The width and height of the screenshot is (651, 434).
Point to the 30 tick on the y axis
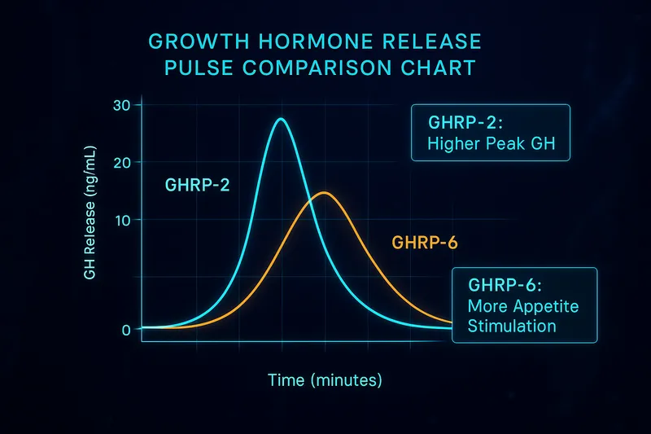point(122,105)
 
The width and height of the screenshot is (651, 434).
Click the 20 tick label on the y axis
point(122,162)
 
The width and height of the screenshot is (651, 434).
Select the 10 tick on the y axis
point(122,220)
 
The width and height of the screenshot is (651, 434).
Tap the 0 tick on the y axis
point(125,330)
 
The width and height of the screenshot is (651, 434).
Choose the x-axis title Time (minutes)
point(324,379)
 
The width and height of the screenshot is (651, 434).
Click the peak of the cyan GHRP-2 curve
point(282,120)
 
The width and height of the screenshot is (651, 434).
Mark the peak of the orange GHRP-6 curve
point(325,193)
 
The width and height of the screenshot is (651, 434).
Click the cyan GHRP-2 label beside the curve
point(197,185)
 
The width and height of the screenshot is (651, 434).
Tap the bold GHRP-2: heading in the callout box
point(461,124)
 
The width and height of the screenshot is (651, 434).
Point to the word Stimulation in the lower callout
point(513,327)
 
